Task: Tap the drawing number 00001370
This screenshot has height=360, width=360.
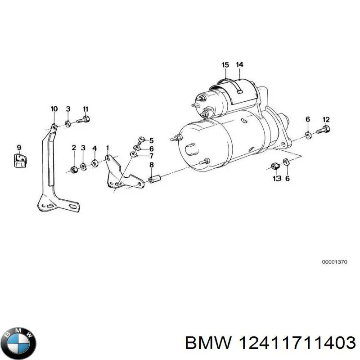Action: [x=334, y=261]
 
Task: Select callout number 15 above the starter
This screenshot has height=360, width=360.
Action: [x=225, y=65]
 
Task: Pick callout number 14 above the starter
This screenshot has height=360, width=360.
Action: [x=239, y=65]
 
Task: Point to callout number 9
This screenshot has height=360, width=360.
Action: [x=19, y=147]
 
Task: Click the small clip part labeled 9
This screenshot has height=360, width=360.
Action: [x=19, y=160]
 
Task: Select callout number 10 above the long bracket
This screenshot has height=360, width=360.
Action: [x=54, y=109]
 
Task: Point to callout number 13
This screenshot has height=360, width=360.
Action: [x=277, y=179]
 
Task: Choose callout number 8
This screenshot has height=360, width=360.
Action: [x=151, y=164]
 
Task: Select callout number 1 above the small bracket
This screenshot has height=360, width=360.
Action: [x=108, y=148]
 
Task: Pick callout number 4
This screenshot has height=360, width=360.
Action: [x=94, y=148]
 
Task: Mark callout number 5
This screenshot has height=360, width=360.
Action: [x=151, y=140]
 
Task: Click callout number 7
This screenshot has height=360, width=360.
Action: [x=151, y=156]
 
